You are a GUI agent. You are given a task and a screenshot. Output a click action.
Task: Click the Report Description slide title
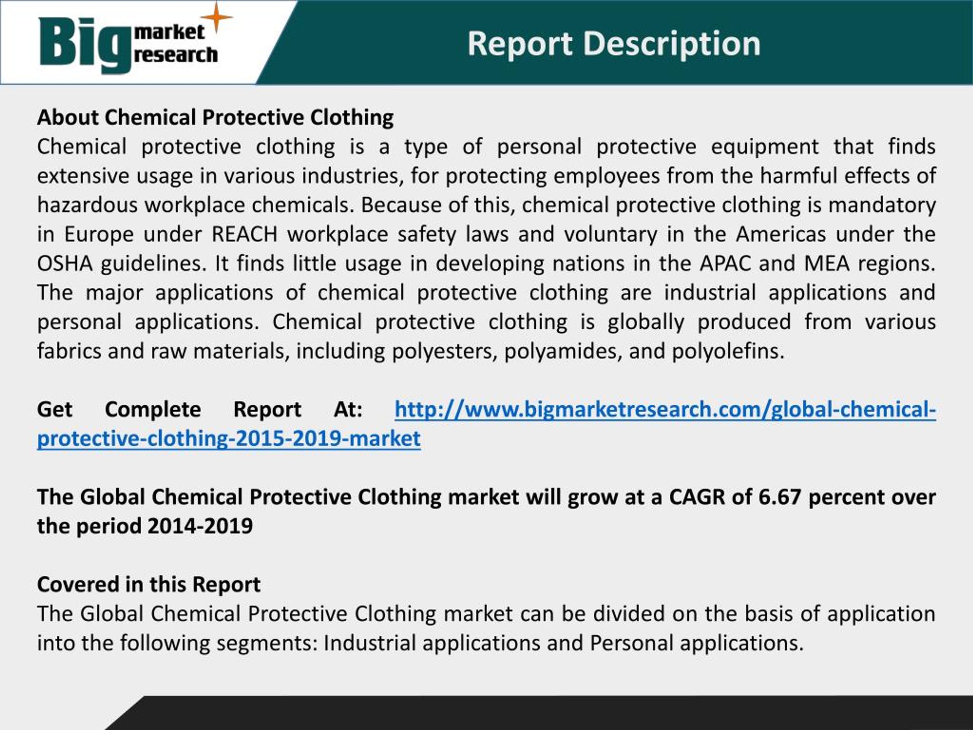tap(613, 44)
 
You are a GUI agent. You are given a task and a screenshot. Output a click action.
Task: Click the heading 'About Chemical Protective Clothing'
tap(215, 117)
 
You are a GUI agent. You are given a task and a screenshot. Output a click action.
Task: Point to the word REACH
tap(244, 234)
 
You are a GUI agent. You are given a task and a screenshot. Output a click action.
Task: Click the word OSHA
tap(65, 263)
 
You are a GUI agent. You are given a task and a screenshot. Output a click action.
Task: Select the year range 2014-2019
tap(200, 526)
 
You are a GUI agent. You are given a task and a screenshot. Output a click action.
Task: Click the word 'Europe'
tap(99, 234)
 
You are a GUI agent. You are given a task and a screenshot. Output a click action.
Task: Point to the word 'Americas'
tap(781, 234)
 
